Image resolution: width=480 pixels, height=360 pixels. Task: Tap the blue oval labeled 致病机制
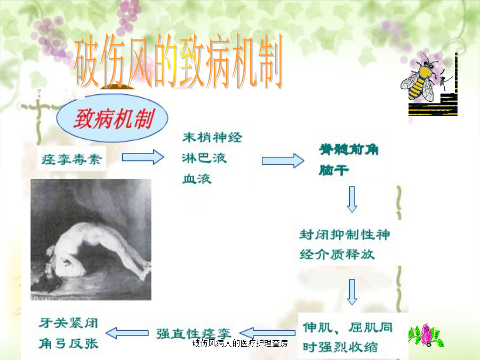[112, 118]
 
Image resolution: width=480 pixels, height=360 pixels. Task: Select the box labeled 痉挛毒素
[71, 159]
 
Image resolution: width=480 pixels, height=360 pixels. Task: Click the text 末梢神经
[212, 138]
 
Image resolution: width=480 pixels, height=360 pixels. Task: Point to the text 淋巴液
[204, 158]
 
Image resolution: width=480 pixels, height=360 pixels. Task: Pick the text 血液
[197, 179]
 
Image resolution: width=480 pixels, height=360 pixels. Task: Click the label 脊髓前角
[349, 150]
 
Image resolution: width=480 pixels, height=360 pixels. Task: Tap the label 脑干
[334, 170]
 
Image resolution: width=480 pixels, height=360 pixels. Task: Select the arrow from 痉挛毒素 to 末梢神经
[143, 157]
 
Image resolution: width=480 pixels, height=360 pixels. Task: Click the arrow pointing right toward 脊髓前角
[283, 161]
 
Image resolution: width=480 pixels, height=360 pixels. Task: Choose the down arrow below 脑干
[352, 199]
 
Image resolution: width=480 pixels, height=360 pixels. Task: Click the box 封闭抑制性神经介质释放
[345, 244]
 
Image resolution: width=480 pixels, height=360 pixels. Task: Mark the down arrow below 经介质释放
[352, 292]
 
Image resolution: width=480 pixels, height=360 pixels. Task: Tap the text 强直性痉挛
[194, 334]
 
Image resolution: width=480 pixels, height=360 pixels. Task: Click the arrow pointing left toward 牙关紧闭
[127, 333]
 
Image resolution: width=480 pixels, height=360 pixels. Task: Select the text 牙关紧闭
[68, 323]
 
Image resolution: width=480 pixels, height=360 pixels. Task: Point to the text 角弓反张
[68, 343]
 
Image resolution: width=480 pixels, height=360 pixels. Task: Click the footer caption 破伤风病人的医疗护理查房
[240, 343]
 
